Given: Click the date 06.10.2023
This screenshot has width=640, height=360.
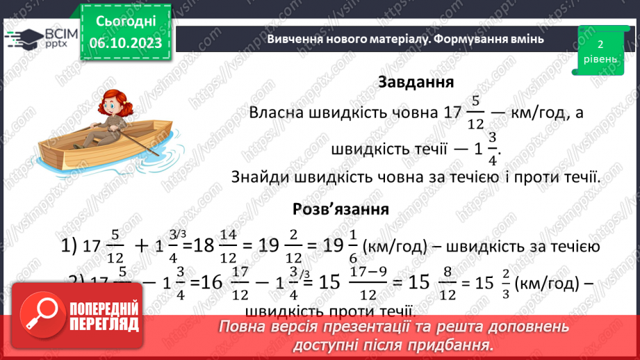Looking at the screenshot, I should coord(126,43).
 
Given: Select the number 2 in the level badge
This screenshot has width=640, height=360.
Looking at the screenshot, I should coord(600,44).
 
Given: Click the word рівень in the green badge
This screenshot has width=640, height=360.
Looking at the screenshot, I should coord(600,58).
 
